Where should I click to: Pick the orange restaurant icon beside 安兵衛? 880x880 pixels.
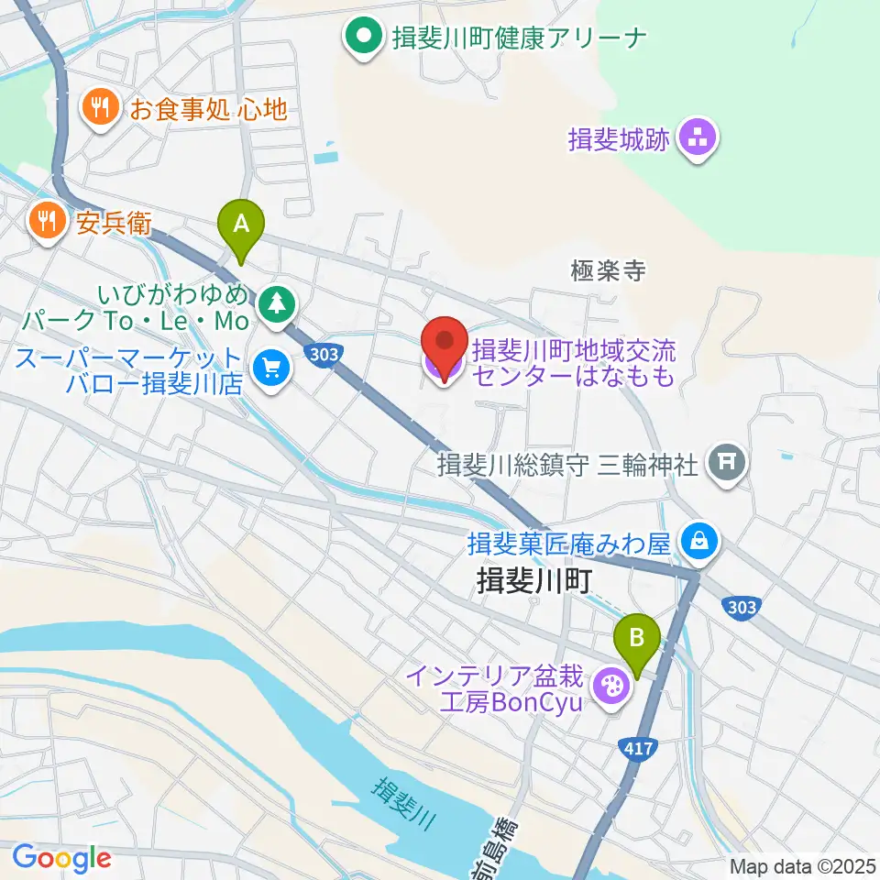coord(46,221)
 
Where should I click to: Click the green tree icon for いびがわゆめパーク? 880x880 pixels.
coord(275,303)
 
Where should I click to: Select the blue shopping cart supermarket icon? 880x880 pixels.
coord(271,369)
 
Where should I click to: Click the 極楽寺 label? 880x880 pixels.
coord(608,270)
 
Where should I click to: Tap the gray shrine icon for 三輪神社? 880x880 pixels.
coord(728,461)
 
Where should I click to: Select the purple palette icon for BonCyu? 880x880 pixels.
coord(610,686)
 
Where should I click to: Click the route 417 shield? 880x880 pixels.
coord(639,749)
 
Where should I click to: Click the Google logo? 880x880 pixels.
coord(61,858)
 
